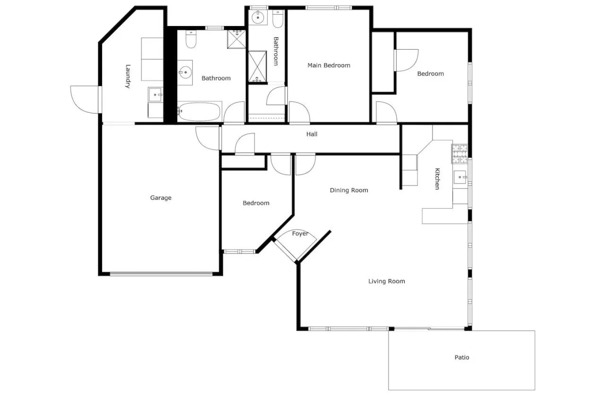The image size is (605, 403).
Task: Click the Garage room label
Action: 161,198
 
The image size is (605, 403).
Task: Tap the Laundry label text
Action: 128,77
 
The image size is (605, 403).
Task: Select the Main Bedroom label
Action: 329,65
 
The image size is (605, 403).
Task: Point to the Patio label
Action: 462,358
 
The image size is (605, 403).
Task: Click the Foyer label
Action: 300,234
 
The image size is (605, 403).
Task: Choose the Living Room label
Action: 387,282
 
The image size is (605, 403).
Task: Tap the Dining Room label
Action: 349,190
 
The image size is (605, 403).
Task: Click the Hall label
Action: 311,134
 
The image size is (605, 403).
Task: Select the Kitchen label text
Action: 437,179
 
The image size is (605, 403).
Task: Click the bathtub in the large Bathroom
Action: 199,111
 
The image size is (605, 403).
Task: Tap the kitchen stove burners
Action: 459,154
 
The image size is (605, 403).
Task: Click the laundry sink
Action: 156,95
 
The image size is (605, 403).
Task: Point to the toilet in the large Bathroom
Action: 190,40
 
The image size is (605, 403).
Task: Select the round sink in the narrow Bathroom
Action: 258,18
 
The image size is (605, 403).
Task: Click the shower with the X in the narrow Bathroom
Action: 258,67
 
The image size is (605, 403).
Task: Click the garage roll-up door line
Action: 161,273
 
